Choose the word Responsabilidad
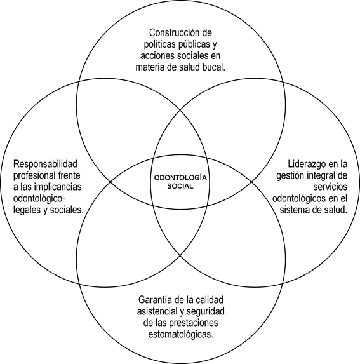45,164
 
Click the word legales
27,210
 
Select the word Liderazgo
307,164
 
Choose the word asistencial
157,311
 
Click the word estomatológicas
181,335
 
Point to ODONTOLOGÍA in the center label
180,178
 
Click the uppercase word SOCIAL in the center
180,186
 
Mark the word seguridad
206,311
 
